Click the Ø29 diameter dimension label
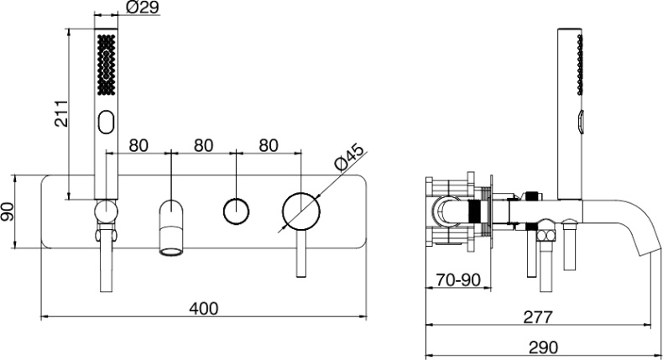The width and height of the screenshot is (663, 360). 143,8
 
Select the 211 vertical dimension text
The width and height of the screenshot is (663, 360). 62,113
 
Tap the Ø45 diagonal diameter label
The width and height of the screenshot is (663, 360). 348,158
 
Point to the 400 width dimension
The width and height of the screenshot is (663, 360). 204,308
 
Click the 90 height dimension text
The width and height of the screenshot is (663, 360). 8,211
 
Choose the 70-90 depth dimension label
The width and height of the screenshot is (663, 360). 458,279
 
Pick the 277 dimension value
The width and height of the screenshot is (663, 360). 538,317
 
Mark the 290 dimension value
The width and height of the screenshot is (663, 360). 543,347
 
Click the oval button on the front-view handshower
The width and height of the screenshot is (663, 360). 106,123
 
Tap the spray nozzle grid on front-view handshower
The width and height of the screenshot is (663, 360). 106,65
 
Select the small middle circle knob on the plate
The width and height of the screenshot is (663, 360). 236,211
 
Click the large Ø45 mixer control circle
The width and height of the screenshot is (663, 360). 301,211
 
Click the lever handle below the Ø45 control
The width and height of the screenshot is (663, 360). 301,253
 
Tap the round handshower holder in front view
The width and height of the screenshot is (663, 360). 106,211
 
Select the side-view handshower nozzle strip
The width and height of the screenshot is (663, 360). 580,65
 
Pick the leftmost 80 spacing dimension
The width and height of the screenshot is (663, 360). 138,145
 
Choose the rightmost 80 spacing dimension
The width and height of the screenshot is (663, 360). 269,145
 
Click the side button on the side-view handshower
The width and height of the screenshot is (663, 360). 581,123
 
